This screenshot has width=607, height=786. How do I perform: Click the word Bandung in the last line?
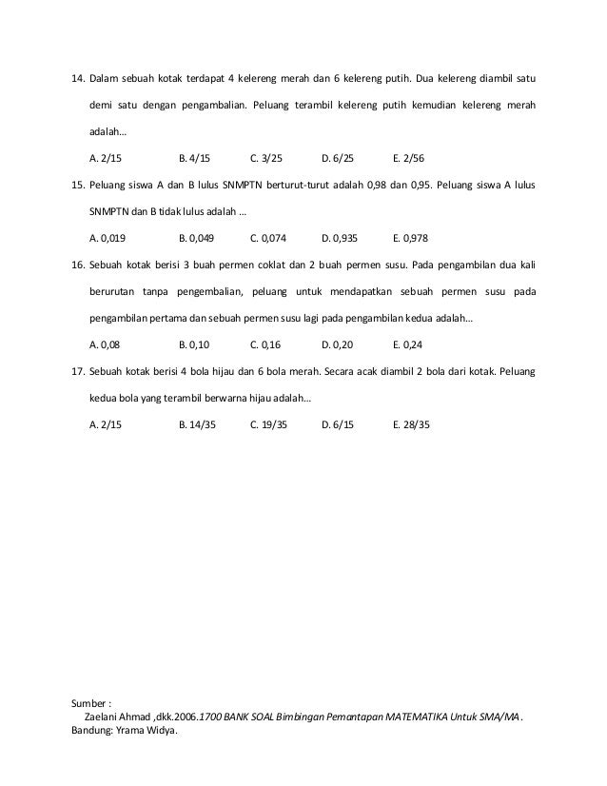pyautogui.click(x=92, y=731)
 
